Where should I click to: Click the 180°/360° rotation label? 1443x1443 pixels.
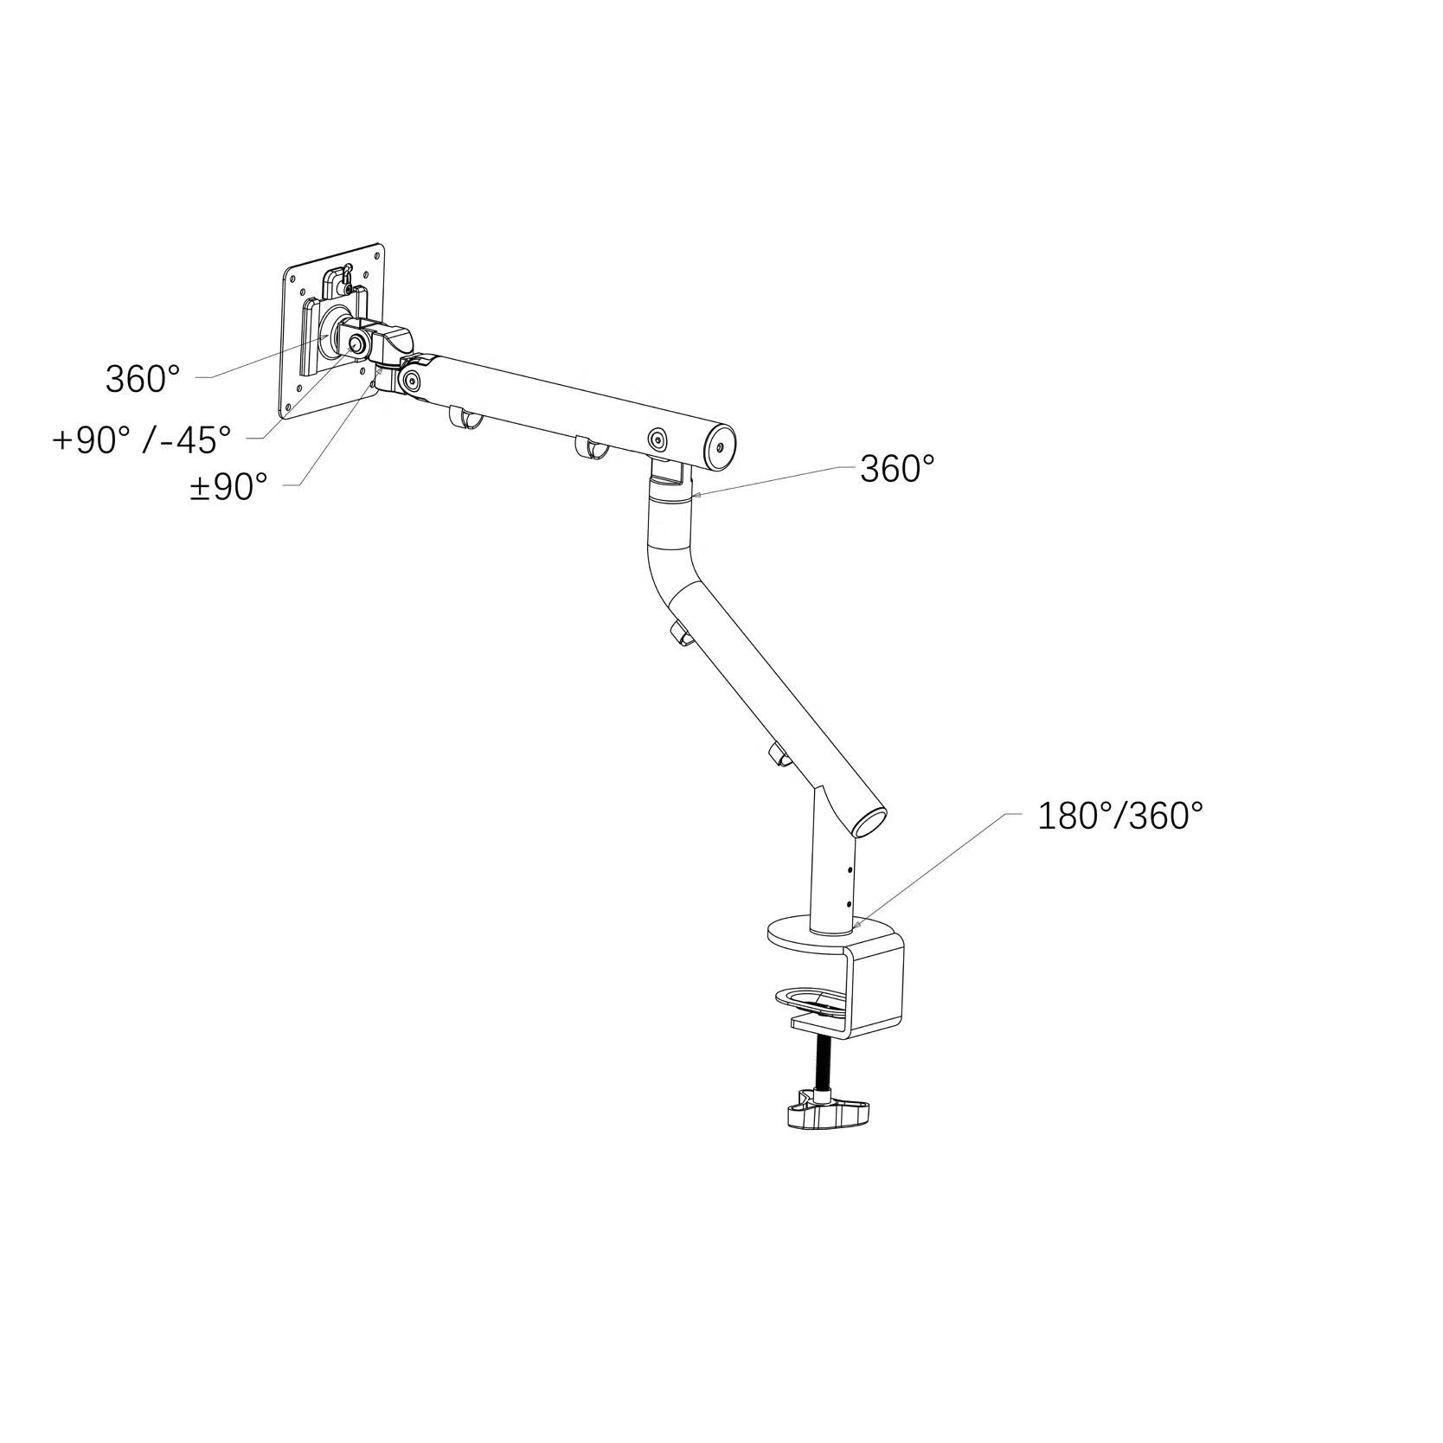pos(1119,816)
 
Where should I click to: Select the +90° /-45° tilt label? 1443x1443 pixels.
pos(142,440)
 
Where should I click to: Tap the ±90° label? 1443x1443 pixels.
pos(228,487)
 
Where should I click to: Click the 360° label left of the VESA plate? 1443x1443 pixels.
pos(143,379)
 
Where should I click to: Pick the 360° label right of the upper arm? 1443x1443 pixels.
pos(897,470)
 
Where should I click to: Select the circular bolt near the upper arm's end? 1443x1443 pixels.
pos(658,439)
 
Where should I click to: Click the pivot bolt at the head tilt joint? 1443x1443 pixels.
pos(356,344)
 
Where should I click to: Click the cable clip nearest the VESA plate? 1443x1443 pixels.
pos(465,418)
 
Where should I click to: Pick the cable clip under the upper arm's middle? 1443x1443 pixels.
pos(589,448)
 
